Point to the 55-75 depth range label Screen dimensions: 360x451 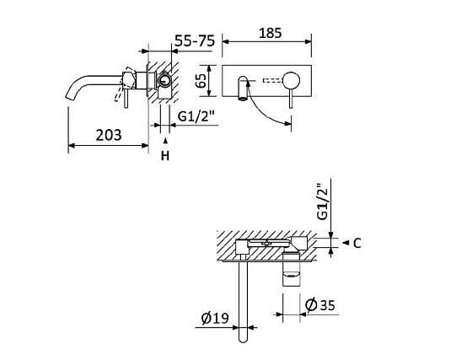(195, 40)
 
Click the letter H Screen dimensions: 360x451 (165, 156)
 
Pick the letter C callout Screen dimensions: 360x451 (357, 244)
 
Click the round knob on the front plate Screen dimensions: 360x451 (290, 83)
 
